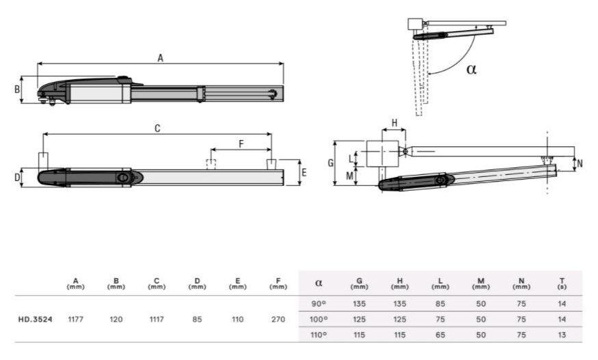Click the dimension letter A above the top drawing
(x=160, y=58)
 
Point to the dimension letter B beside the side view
(x=17, y=89)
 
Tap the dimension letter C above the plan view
(x=157, y=128)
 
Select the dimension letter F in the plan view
(x=241, y=143)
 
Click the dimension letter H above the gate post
(x=394, y=123)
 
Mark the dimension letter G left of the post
(x=331, y=163)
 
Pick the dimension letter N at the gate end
(x=580, y=163)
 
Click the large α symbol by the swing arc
(x=472, y=69)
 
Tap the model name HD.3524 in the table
(x=35, y=319)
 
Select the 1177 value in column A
(x=75, y=319)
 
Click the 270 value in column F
(x=278, y=319)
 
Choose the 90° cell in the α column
(x=318, y=304)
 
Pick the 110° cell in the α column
(x=318, y=335)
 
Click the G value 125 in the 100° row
(x=359, y=319)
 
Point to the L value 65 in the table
(x=440, y=335)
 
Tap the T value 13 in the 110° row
(x=562, y=335)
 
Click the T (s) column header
(x=562, y=283)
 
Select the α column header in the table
(x=319, y=283)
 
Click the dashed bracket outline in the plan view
(x=211, y=164)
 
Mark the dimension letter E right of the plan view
(x=304, y=172)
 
